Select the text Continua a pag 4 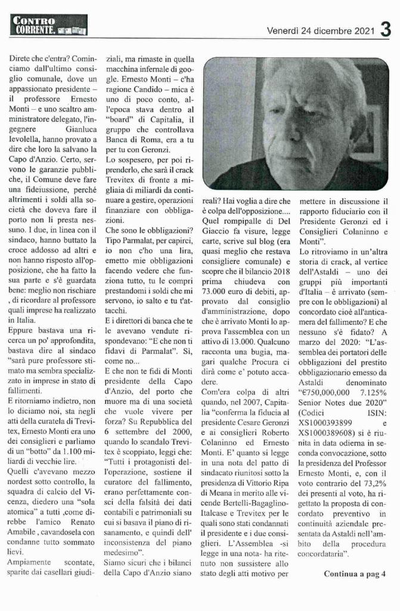(355, 575)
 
